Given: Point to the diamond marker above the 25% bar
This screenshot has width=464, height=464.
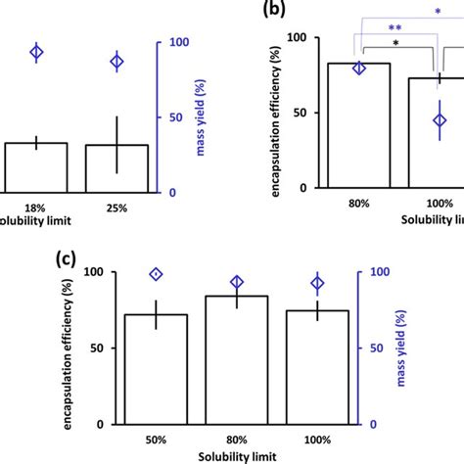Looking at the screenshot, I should tap(116, 62).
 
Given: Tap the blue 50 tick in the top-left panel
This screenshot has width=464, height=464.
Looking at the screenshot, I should tap(171, 116).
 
